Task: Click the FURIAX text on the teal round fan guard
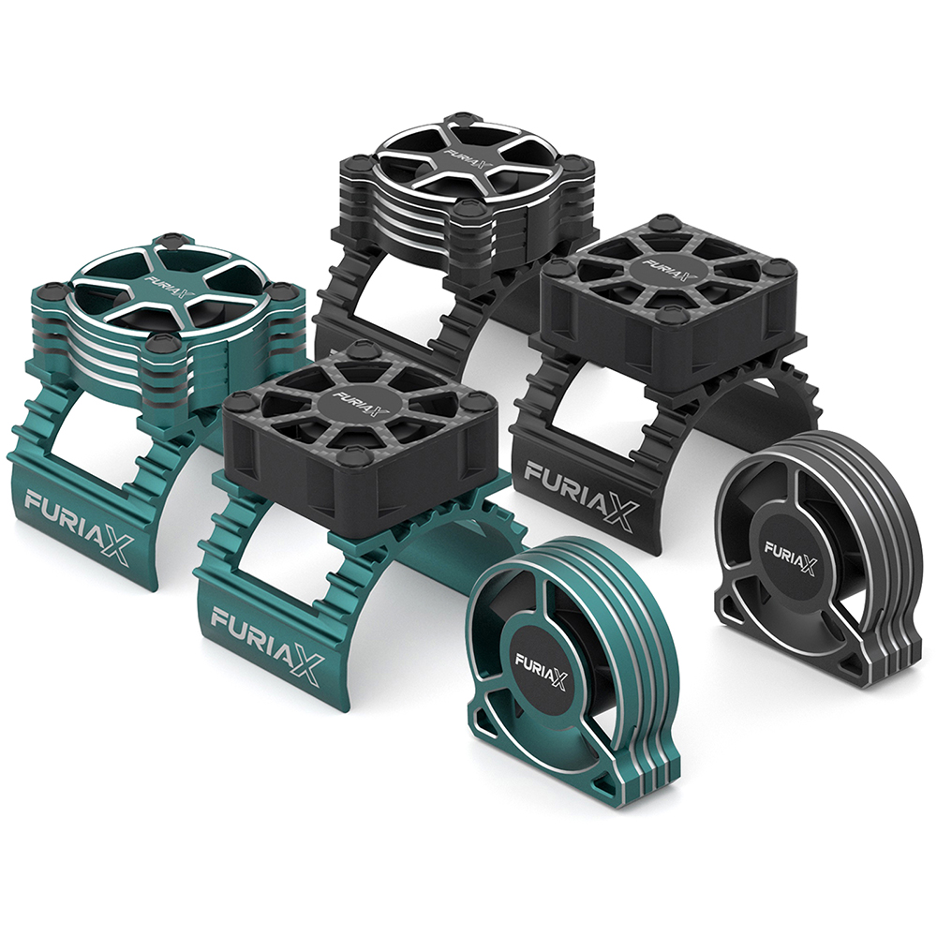tap(541, 671)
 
